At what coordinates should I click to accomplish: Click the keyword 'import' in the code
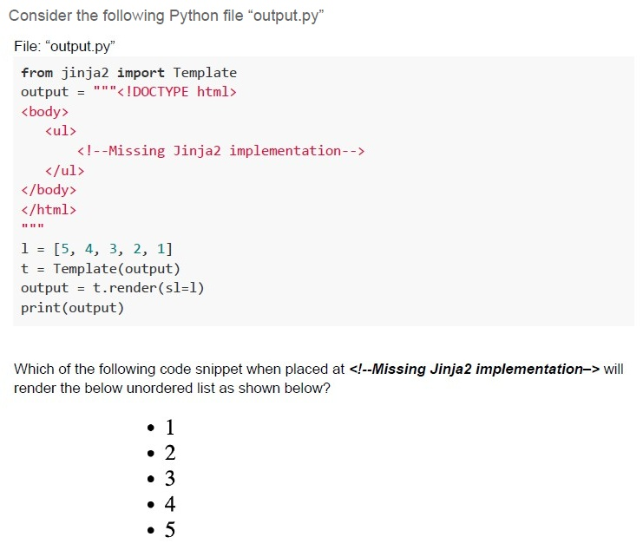[x=141, y=73]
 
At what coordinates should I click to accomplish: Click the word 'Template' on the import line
[x=205, y=73]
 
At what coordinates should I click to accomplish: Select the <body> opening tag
[x=45, y=112]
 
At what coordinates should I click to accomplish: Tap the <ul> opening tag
[x=61, y=131]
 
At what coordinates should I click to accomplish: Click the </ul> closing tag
[x=65, y=171]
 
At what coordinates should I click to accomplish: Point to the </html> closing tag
[x=49, y=210]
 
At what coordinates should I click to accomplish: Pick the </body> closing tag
[x=49, y=190]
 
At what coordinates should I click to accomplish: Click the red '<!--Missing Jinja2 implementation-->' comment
[x=220, y=151]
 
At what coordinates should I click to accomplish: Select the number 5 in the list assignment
[x=65, y=249]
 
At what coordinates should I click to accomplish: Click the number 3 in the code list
[x=113, y=249]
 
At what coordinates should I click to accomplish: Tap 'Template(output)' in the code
[x=117, y=269]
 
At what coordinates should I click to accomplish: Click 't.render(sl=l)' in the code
[x=148, y=288]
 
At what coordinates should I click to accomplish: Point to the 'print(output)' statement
[x=73, y=308]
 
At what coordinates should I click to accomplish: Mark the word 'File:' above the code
[x=28, y=46]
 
